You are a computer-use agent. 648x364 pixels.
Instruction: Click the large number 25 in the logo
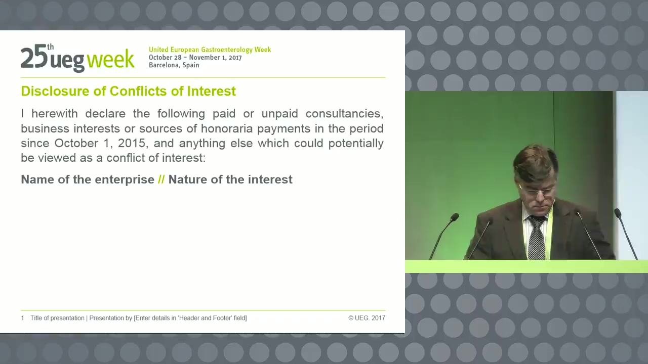[x=34, y=57]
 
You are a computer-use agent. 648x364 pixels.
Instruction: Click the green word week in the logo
[x=110, y=59]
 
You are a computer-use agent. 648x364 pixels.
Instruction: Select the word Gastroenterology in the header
[x=227, y=50]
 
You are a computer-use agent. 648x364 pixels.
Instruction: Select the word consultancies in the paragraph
[x=345, y=114]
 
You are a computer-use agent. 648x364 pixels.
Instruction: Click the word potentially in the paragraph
[x=356, y=143]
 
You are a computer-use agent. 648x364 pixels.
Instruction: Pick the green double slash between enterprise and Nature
[x=161, y=179]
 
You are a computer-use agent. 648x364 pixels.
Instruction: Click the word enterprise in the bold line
[x=125, y=180]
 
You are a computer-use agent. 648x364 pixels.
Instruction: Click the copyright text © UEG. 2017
[x=367, y=318]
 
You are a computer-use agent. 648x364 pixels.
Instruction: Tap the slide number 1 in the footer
[x=23, y=318]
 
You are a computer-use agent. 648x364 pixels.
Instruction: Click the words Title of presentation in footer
[x=57, y=318]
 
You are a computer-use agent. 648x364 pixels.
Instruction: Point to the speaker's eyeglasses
[x=540, y=192]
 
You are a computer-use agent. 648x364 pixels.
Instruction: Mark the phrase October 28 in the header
[x=165, y=58]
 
